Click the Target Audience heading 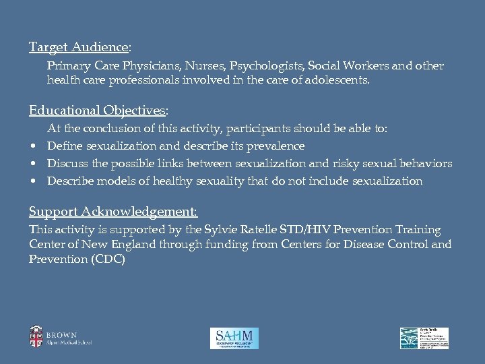79,47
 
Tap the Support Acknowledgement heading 112,213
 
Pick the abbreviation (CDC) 100,258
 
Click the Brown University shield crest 35,336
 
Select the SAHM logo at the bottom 234,337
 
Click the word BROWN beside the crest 62,334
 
